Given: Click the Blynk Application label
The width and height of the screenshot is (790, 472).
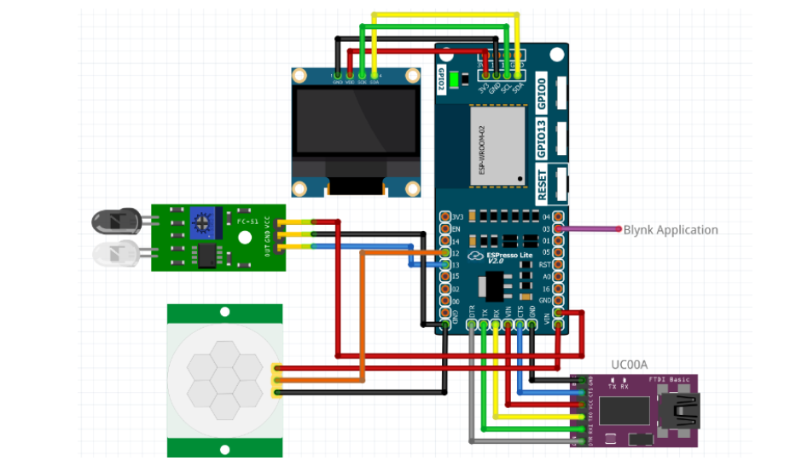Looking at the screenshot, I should point(671,230).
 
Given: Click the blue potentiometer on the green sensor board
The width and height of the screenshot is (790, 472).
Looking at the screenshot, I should point(202,223).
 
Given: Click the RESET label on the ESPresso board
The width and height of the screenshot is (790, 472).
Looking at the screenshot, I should point(542,185).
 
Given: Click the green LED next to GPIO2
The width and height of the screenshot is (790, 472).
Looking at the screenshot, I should point(455,81).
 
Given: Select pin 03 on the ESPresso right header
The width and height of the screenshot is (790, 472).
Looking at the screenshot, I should point(559,229).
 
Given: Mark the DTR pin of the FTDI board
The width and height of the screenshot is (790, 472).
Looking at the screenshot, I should point(582,441).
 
